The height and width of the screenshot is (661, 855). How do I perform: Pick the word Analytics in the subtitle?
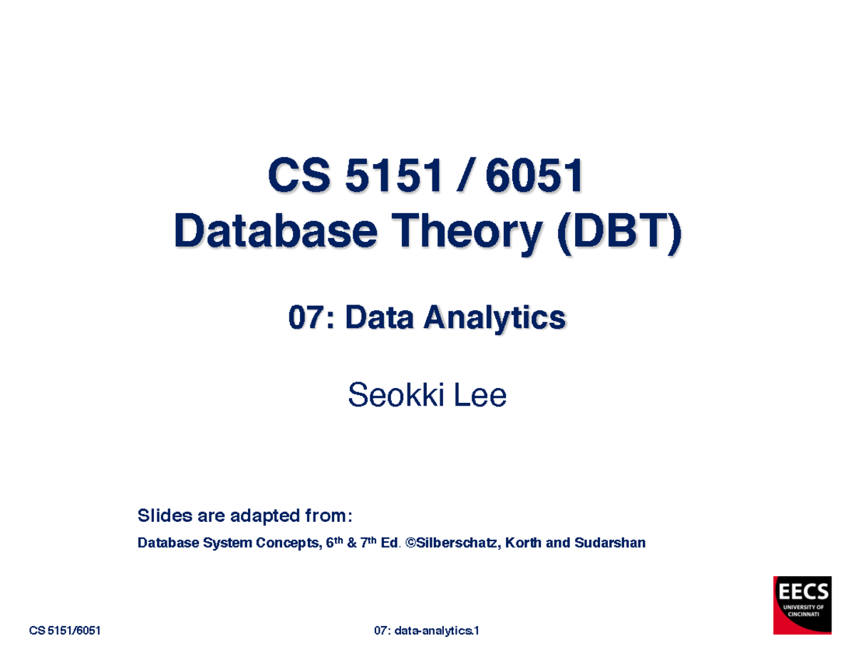click(494, 318)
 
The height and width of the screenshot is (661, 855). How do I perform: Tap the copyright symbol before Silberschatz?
click(410, 543)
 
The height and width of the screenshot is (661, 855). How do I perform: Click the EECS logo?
click(802, 605)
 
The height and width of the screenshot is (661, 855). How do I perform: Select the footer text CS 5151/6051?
click(64, 631)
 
